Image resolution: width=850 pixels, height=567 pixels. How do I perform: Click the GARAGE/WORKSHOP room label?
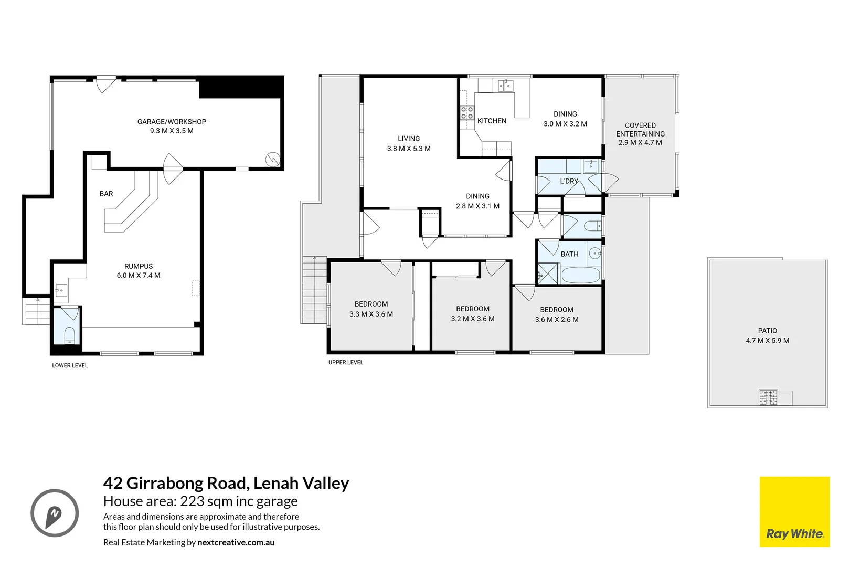tap(172, 122)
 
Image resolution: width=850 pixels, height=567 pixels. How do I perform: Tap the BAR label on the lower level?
tap(106, 194)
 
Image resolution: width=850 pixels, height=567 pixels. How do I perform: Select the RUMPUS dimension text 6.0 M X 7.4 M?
tap(139, 276)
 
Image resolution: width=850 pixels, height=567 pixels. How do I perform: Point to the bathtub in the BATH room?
tap(580, 275)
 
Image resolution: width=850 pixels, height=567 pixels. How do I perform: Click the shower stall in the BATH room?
tap(548, 274)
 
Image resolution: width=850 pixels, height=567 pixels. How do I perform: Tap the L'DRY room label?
tap(569, 181)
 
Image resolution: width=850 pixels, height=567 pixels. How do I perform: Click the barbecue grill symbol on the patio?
tap(768, 397)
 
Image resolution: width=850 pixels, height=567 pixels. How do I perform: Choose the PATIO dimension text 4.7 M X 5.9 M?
tap(767, 341)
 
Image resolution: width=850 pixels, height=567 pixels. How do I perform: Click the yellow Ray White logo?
tap(794, 512)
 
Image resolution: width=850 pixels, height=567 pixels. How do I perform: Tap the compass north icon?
tap(55, 513)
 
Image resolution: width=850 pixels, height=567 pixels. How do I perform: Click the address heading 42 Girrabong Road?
tap(226, 483)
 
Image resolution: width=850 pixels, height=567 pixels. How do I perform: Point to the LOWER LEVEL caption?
tap(70, 365)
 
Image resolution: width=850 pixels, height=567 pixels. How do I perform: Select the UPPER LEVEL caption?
tap(346, 362)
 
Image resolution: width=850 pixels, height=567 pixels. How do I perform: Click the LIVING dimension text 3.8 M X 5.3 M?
tap(409, 149)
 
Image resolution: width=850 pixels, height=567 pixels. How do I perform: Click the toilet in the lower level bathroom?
tap(69, 335)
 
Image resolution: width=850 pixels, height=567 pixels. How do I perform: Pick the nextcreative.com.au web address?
tap(236, 542)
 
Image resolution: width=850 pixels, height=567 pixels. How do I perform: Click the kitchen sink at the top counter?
tap(505, 86)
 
